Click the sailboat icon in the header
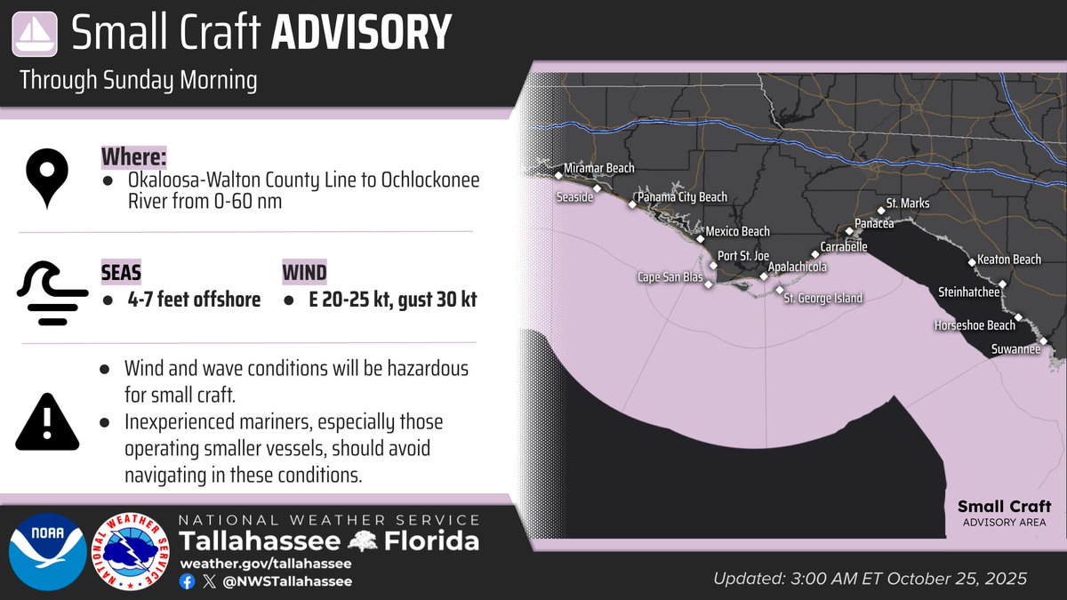click(x=34, y=33)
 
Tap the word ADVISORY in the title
click(x=361, y=33)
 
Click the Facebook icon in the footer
click(x=187, y=581)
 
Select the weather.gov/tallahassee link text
click(x=265, y=564)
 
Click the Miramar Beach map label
click(x=600, y=168)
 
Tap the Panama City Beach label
click(x=683, y=197)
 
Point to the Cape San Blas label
click(x=670, y=277)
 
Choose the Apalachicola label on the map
click(x=798, y=267)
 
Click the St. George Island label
click(x=822, y=299)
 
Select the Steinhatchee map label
click(x=969, y=292)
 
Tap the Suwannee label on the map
click(x=1015, y=350)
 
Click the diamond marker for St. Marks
click(x=881, y=211)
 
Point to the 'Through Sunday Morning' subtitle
click(x=138, y=81)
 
